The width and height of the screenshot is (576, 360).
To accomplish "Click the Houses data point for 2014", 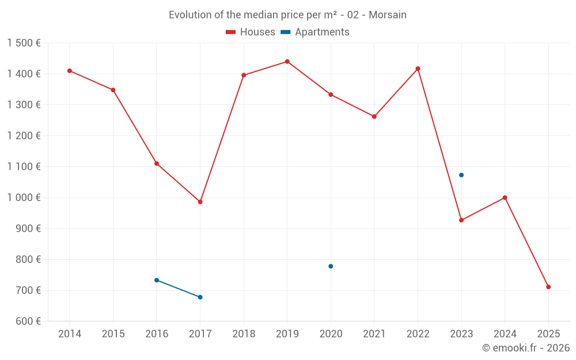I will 70,71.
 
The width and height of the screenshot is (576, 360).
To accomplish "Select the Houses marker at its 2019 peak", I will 287,62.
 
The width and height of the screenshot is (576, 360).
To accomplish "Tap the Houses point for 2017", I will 200,202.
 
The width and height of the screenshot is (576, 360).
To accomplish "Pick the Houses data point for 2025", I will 548,287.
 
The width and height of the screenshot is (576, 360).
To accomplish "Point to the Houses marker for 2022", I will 418,69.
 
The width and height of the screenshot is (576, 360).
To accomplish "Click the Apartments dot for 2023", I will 461,175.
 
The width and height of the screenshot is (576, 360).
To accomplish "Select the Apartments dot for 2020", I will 331,266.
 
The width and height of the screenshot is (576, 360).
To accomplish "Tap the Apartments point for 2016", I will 157,280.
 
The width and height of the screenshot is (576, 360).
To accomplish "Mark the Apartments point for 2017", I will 200,297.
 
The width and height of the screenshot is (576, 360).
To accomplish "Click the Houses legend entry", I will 251,32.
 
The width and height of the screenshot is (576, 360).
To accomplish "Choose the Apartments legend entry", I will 315,32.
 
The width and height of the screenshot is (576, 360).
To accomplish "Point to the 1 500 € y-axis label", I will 24,43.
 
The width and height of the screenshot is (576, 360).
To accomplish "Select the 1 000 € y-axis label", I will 24,198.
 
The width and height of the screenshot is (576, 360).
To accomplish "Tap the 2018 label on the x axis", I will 244,334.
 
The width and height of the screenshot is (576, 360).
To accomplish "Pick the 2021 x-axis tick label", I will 374,334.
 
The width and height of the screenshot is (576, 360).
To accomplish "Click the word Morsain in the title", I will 387,15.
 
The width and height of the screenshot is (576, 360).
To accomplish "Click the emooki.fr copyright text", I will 526,348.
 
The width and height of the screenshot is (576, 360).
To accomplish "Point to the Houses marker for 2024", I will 505,198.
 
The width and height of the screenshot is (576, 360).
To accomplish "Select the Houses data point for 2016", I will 157,164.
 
